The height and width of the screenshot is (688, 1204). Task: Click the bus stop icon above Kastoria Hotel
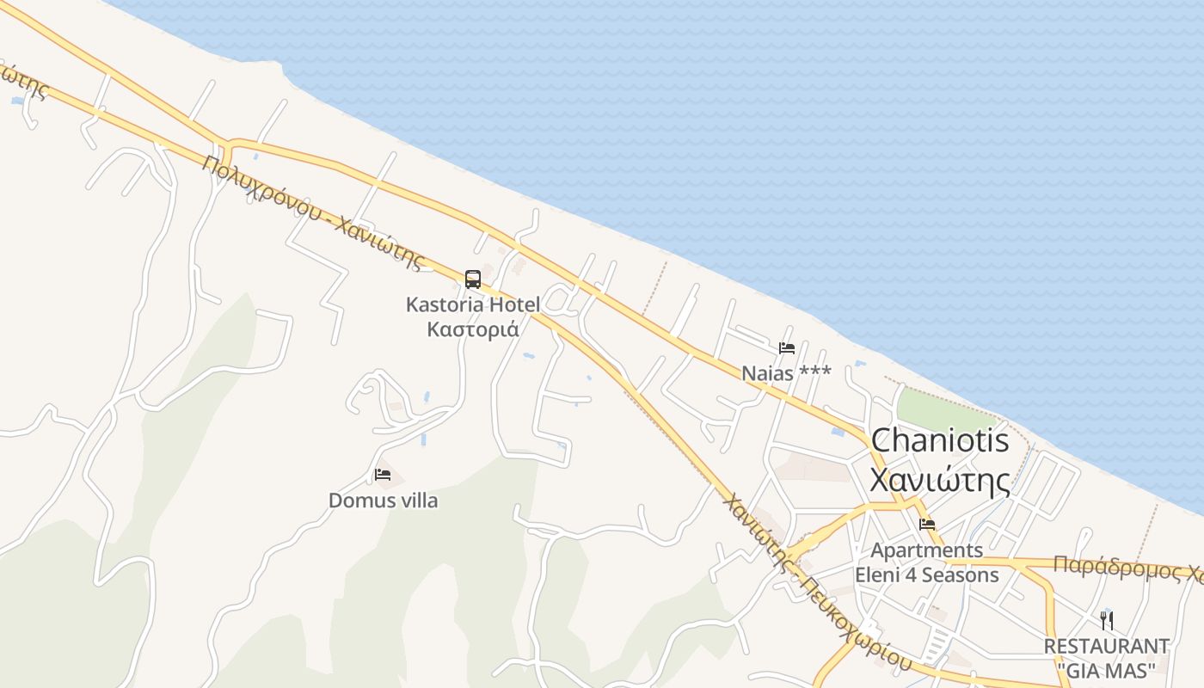pyautogui.click(x=473, y=279)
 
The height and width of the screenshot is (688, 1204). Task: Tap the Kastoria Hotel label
pyautogui.click(x=473, y=304)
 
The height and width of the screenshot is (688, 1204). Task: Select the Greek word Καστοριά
pyautogui.click(x=473, y=329)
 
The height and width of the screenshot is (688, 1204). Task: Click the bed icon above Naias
pyautogui.click(x=786, y=348)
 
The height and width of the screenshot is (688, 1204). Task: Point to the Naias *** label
pyautogui.click(x=786, y=372)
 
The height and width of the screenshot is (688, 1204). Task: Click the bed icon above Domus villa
pyautogui.click(x=383, y=475)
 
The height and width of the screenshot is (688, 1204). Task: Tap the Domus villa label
pyautogui.click(x=383, y=501)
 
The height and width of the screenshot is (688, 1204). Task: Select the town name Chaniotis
pyautogui.click(x=940, y=440)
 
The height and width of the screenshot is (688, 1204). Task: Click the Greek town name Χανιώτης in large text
pyautogui.click(x=940, y=480)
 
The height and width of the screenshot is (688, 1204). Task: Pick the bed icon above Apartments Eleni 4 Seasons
pyautogui.click(x=927, y=524)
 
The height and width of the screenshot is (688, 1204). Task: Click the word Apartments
pyautogui.click(x=927, y=550)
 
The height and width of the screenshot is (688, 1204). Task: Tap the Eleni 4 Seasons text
pyautogui.click(x=927, y=574)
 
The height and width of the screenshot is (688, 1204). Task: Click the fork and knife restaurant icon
pyautogui.click(x=1107, y=620)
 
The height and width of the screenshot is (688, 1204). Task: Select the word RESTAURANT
pyautogui.click(x=1107, y=646)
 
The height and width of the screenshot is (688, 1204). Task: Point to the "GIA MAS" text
pyautogui.click(x=1107, y=669)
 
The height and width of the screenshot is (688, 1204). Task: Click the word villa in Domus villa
pyautogui.click(x=414, y=501)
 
